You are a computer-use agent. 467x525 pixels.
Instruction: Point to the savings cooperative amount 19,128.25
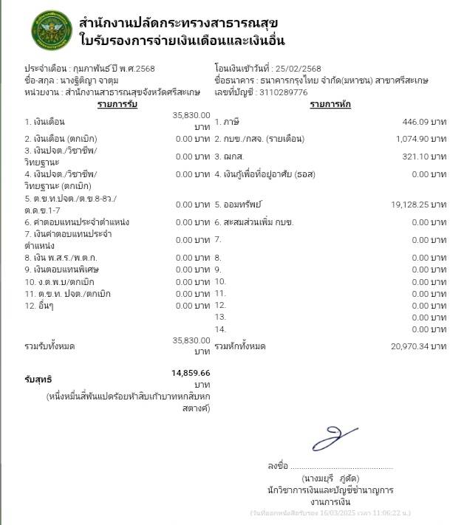coord(406,204)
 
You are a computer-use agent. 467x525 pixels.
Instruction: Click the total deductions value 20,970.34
coord(406,346)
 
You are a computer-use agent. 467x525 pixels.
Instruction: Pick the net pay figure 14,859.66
coord(191,373)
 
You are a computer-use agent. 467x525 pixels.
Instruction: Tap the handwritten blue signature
coord(334,436)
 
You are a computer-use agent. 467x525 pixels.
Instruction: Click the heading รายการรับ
coord(118,104)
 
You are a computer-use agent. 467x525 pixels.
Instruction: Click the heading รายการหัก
coord(330,104)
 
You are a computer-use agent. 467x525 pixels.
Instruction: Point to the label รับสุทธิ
coord(38,380)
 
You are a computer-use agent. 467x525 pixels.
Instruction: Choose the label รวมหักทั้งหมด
coord(240,346)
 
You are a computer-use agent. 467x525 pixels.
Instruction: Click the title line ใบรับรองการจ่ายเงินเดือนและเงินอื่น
coord(182,40)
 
